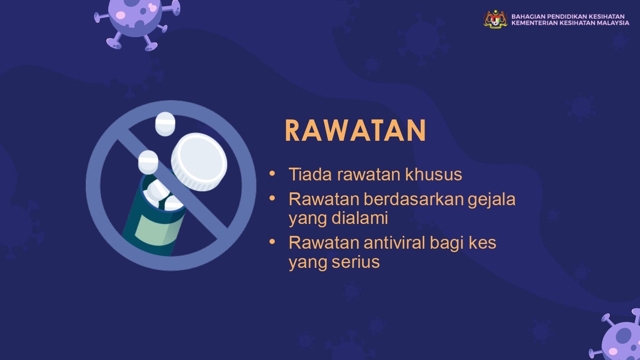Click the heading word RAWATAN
click(x=356, y=131)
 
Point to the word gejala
click(x=492, y=200)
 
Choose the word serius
click(x=355, y=262)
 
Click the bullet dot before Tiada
click(x=272, y=173)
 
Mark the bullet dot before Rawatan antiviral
click(x=272, y=242)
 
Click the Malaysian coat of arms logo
click(x=495, y=19)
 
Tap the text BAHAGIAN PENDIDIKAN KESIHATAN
click(x=568, y=16)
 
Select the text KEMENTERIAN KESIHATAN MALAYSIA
click(x=570, y=23)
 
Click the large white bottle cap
click(x=199, y=162)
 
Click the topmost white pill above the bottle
click(x=165, y=124)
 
